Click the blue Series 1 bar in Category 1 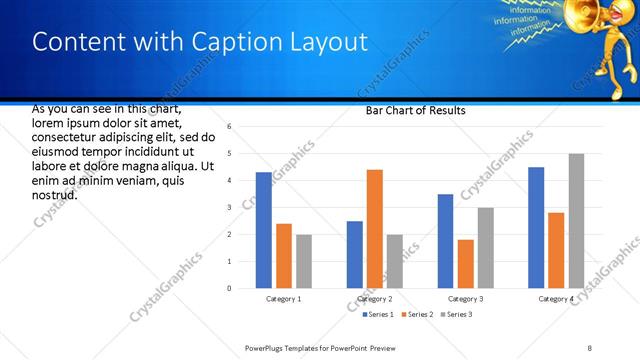(x=263, y=230)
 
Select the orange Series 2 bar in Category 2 (x=375, y=229)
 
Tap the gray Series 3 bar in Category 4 (x=576, y=221)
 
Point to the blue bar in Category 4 (x=536, y=227)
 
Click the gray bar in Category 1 (x=303, y=261)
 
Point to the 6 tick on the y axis (x=230, y=127)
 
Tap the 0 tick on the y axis (x=230, y=288)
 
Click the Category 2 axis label (x=375, y=299)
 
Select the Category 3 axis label (x=465, y=299)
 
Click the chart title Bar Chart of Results (x=415, y=111)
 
